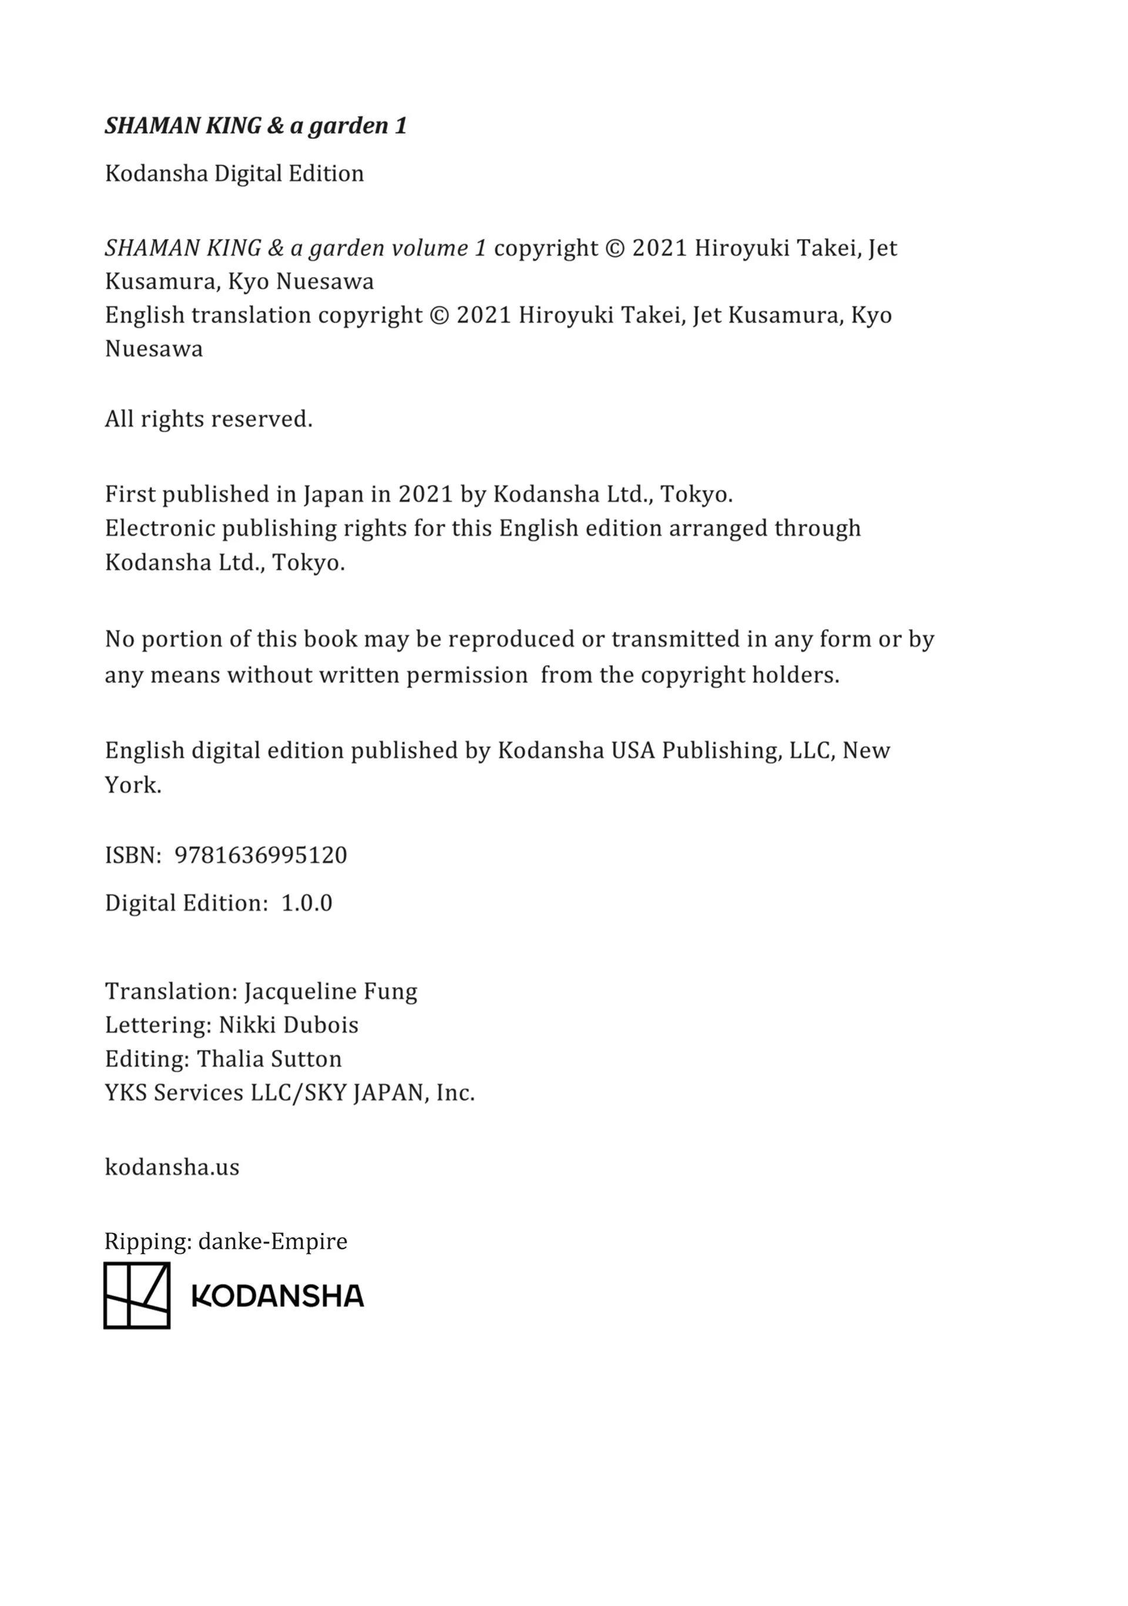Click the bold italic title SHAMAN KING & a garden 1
pyautogui.click(x=256, y=126)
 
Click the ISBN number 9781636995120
pyautogui.click(x=260, y=855)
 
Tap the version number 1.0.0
pyautogui.click(x=307, y=903)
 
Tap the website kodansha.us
pyautogui.click(x=172, y=1167)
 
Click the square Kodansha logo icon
pyautogui.click(x=136, y=1295)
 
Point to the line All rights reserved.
pyautogui.click(x=209, y=419)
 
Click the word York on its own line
pyautogui.click(x=133, y=785)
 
